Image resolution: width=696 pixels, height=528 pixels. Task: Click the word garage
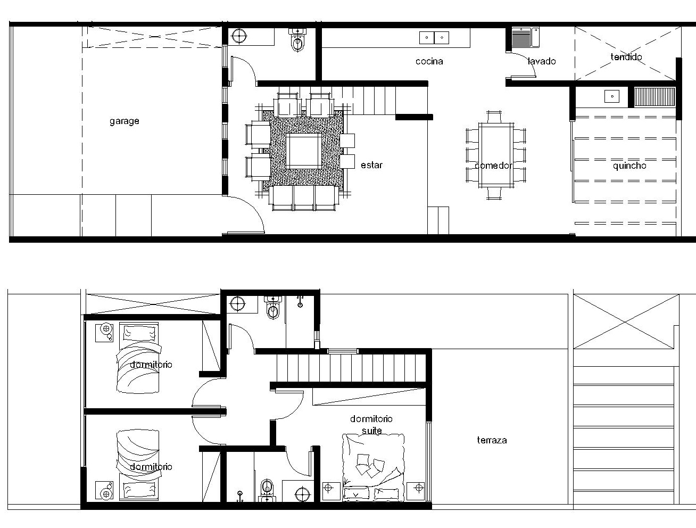click(125, 121)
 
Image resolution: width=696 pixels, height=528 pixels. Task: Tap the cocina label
click(429, 61)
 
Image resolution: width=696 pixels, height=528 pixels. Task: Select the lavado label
click(542, 61)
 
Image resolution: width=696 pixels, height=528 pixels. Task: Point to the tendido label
click(626, 57)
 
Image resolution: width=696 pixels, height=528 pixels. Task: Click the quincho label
click(629, 166)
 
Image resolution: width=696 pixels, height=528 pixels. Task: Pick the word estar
click(371, 165)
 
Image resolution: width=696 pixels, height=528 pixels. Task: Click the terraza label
click(492, 440)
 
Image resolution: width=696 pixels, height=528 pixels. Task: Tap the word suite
click(371, 430)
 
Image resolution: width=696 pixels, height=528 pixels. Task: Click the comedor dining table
click(496, 155)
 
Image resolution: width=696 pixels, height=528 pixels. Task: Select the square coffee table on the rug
click(304, 151)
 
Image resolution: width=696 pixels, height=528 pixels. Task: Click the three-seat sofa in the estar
click(303, 198)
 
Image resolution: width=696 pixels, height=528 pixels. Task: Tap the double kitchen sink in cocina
click(434, 38)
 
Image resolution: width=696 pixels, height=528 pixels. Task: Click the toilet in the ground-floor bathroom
click(297, 40)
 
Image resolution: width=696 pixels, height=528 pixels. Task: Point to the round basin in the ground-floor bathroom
click(239, 36)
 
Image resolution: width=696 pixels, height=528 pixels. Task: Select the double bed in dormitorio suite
click(373, 467)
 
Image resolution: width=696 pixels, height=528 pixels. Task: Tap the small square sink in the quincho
click(611, 96)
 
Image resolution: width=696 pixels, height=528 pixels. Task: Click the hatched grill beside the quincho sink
click(654, 97)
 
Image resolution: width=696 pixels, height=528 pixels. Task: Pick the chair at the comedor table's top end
click(494, 117)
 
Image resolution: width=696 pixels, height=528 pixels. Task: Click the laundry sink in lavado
click(525, 37)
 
